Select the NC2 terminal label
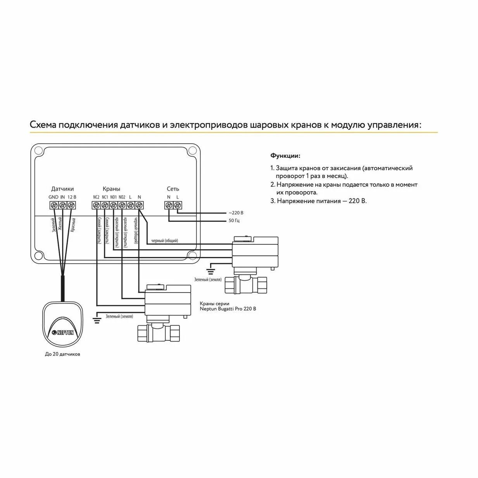[96, 197]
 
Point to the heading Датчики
[62, 189]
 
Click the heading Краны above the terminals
[111, 189]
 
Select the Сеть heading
[173, 189]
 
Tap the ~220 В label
[236, 213]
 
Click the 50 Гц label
[234, 221]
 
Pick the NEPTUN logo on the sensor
[63, 332]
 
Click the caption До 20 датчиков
[63, 354]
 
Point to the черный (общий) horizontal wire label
[164, 241]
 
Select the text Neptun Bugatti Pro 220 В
[228, 309]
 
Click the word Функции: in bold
[285, 156]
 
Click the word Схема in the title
[43, 125]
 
